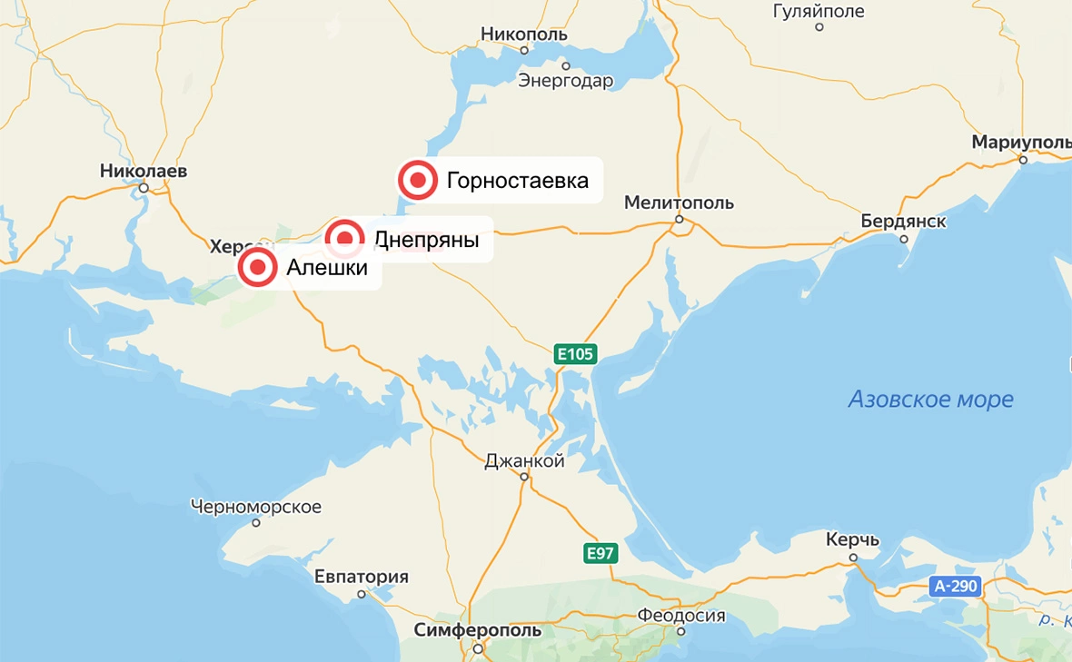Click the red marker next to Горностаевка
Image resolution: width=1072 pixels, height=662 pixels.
[x=418, y=181]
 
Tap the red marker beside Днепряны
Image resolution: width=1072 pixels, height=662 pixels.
[x=345, y=240]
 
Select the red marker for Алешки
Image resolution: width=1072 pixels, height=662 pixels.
[x=258, y=268]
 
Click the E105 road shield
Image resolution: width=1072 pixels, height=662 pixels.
[x=576, y=354]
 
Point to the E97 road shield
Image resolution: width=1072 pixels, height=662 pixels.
[x=601, y=551]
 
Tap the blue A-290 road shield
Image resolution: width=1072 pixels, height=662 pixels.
[x=957, y=586]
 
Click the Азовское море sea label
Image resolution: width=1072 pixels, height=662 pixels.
[x=930, y=399]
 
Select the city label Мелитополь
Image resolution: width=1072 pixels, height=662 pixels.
[x=679, y=203]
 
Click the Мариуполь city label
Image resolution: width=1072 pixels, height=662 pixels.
[x=1021, y=143]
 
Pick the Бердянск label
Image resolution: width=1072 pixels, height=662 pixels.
[x=903, y=222]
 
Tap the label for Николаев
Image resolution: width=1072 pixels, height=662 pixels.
[x=144, y=171]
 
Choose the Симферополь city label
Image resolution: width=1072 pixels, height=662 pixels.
[x=477, y=630]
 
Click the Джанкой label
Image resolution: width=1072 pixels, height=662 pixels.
[x=524, y=461]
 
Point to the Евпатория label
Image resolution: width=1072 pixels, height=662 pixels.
[x=361, y=577]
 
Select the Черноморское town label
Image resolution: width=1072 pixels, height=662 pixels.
[x=256, y=506]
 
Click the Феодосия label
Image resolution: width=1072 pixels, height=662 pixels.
[x=680, y=616]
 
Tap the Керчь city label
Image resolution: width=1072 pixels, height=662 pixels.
[x=852, y=540]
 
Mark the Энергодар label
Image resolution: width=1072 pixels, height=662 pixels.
[x=566, y=81]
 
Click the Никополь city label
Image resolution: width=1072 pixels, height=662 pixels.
[x=524, y=35]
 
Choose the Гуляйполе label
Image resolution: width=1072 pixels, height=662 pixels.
[x=819, y=12]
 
